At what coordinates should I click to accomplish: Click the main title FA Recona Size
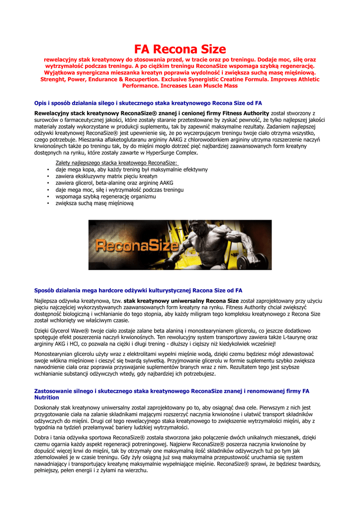point(180,49)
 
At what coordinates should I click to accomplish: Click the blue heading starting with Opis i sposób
point(148,103)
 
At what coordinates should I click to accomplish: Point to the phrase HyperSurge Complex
point(169,153)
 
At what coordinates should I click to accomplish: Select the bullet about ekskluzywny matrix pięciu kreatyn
point(106,176)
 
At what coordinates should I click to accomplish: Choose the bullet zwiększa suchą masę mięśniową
point(94,203)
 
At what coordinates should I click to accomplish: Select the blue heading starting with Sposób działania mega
point(138,290)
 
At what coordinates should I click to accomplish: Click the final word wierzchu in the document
point(135,470)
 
